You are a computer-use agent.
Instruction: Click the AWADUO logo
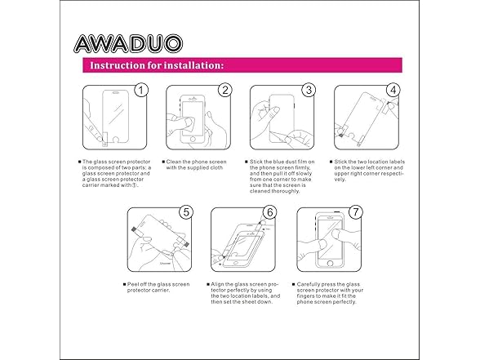click(x=128, y=43)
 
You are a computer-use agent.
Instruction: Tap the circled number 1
click(x=141, y=91)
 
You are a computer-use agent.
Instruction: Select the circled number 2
click(x=225, y=91)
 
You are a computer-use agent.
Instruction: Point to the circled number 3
click(x=309, y=91)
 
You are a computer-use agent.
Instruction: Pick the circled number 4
click(x=393, y=91)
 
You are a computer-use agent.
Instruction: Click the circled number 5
click(x=186, y=212)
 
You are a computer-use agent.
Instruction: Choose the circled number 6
click(x=269, y=212)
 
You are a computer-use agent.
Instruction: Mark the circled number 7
click(x=355, y=212)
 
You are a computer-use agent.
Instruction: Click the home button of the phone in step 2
click(x=193, y=140)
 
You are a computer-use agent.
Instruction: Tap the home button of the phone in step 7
click(x=330, y=263)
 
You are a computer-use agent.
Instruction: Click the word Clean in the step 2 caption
click(x=174, y=162)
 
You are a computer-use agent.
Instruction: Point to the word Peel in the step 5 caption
click(x=132, y=284)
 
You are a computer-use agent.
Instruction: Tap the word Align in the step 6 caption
click(x=217, y=284)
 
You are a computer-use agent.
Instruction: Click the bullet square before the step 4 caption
click(x=331, y=162)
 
